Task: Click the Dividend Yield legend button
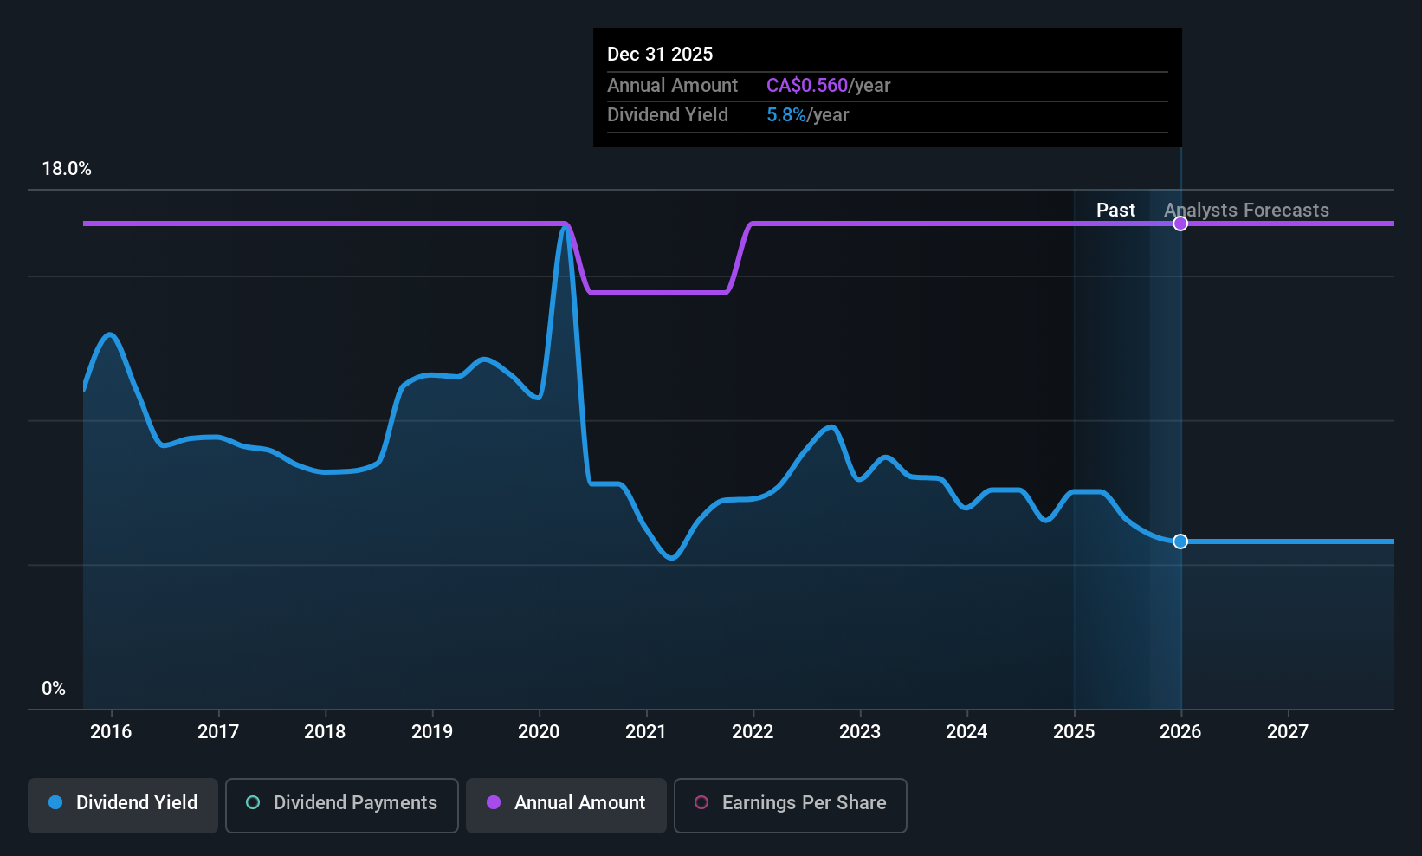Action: pyautogui.click(x=123, y=803)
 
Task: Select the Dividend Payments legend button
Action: pyautogui.click(x=342, y=803)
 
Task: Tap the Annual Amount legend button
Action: pyautogui.click(x=566, y=803)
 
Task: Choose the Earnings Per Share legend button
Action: pyautogui.click(x=790, y=803)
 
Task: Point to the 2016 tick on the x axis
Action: pyautogui.click(x=111, y=731)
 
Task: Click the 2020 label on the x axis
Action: pyautogui.click(x=539, y=731)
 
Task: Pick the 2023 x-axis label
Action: pyautogui.click(x=860, y=731)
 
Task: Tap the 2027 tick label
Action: pyautogui.click(x=1288, y=731)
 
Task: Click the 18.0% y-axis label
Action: pyautogui.click(x=67, y=169)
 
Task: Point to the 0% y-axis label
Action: pyautogui.click(x=54, y=689)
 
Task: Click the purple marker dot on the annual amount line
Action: pyautogui.click(x=1180, y=224)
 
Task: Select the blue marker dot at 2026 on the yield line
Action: pyautogui.click(x=1180, y=541)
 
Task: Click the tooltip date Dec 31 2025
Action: pyautogui.click(x=660, y=54)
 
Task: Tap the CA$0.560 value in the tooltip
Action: pyautogui.click(x=806, y=85)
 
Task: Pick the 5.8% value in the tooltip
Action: pyautogui.click(x=785, y=114)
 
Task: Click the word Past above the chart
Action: pyautogui.click(x=1115, y=210)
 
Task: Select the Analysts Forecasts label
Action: pyautogui.click(x=1246, y=210)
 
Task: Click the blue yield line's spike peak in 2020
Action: pyautogui.click(x=566, y=227)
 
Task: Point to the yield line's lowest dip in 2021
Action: pyautogui.click(x=672, y=558)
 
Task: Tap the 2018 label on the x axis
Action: pyautogui.click(x=325, y=731)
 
